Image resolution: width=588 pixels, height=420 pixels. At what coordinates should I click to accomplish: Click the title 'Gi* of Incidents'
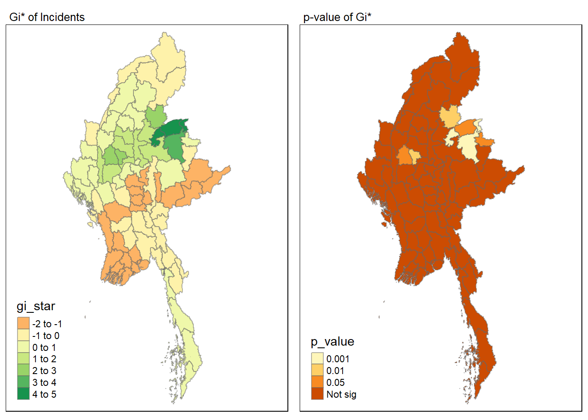point(47,17)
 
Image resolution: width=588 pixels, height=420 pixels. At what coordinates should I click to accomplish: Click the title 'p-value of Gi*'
point(337,17)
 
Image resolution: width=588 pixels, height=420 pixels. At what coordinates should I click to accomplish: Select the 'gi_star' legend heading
point(36,306)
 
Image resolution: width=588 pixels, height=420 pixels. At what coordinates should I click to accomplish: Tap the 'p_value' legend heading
point(332,342)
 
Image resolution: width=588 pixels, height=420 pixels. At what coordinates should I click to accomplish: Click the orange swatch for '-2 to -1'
point(23,324)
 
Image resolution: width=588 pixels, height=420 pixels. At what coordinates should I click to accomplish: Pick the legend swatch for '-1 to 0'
point(23,336)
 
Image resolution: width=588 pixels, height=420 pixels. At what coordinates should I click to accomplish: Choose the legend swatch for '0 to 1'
point(23,347)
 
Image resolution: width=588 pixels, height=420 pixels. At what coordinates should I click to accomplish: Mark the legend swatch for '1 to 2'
point(23,359)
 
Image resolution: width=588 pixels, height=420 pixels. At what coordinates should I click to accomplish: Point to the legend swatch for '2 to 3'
point(23,371)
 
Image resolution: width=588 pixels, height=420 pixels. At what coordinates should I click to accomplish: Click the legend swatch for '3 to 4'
point(23,383)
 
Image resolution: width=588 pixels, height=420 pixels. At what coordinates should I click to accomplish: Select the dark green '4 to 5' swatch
point(23,394)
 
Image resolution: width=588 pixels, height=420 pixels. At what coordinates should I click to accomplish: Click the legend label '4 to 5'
point(44,395)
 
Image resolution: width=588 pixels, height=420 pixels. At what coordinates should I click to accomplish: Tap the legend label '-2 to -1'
point(47,324)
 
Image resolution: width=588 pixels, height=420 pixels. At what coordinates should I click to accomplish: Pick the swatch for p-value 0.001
point(317,359)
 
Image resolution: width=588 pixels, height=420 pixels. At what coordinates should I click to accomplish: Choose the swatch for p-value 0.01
point(317,371)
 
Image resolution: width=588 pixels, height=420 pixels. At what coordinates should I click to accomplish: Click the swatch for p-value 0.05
point(317,382)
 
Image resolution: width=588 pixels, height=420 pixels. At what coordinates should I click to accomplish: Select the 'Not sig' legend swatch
point(317,394)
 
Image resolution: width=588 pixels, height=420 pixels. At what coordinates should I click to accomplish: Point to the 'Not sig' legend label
point(341,395)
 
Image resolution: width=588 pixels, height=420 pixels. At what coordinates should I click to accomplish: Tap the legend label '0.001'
point(338,359)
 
